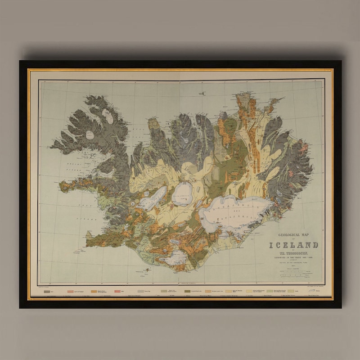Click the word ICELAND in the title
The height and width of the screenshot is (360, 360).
[x=293, y=245]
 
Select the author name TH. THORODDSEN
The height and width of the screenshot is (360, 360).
[x=293, y=253]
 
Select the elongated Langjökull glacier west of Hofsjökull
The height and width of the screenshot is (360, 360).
[x=153, y=198]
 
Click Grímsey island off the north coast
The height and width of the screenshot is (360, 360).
[x=203, y=93]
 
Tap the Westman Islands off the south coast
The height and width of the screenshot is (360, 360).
[x=146, y=271]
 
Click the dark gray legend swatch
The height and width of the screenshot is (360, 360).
[x=46, y=292]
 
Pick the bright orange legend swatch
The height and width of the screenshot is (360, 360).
[x=94, y=292]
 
